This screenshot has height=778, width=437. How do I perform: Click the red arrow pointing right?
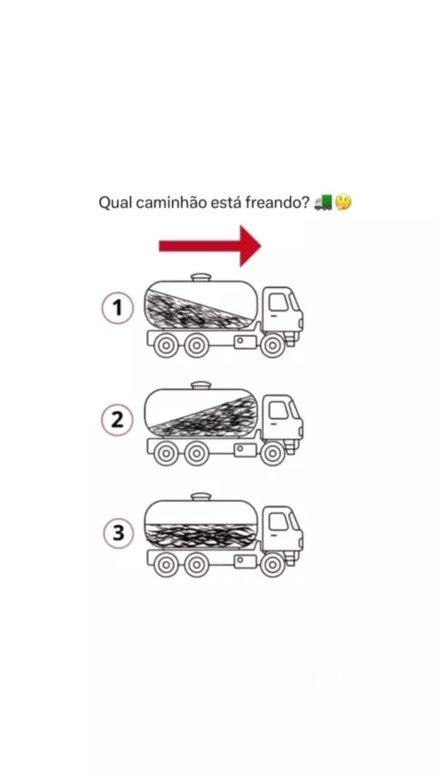pos(209,246)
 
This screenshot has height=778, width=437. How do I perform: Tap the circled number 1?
pos(117,308)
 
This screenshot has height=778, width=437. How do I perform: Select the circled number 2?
pos(117,420)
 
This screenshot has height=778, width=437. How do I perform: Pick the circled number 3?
pos(118,533)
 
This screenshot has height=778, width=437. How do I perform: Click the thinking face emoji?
pos(343,202)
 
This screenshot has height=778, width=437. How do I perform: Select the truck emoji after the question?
pos(324,202)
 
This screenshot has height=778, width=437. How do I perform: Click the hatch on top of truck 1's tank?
pos(201,277)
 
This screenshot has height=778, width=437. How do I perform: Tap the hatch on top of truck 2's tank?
pos(201,385)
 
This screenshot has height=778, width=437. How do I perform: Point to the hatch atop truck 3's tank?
pos(201,496)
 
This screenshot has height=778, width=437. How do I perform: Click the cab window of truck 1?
pos(279,302)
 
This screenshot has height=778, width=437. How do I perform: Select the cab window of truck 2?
pos(279,410)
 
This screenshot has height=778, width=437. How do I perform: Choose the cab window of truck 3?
pos(279,522)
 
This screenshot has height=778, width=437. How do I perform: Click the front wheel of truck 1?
pos(272,345)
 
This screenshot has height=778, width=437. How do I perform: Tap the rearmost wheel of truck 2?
pos(166,453)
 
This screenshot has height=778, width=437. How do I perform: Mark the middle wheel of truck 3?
pos(197,565)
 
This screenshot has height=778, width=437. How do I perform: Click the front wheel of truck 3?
pos(272,565)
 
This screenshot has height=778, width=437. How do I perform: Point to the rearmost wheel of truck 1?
pos(166,345)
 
